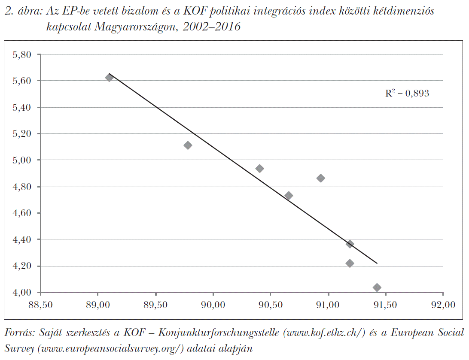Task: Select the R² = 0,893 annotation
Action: pyautogui.click(x=407, y=93)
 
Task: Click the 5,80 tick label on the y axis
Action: pyautogui.click(x=22, y=54)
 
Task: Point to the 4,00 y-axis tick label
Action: pyautogui.click(x=22, y=293)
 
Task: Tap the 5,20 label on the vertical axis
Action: pyautogui.click(x=22, y=134)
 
